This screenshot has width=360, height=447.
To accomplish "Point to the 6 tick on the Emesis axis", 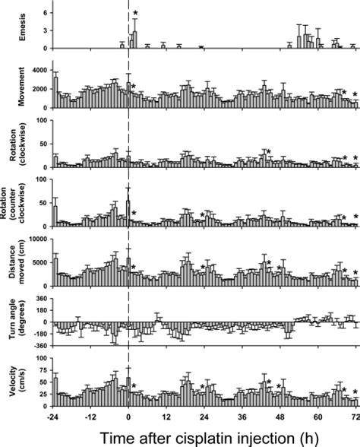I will coord(44,13).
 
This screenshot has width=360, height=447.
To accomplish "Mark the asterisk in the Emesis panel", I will coord(135,14).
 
